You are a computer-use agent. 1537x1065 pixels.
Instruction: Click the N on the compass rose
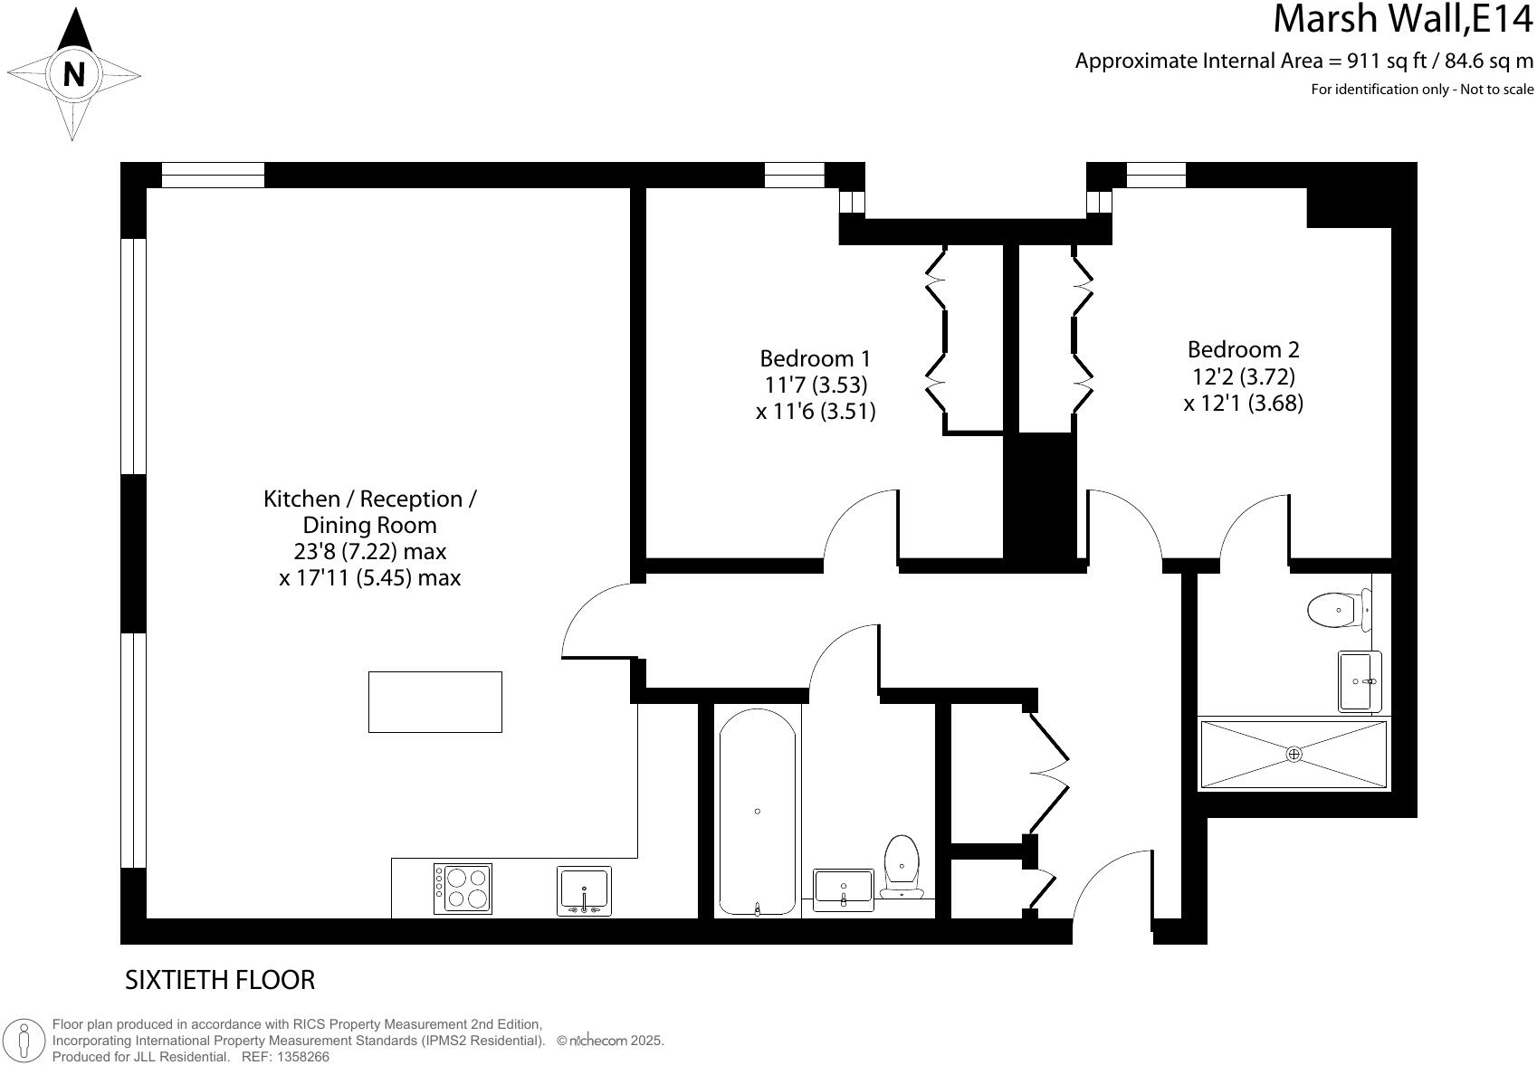74,74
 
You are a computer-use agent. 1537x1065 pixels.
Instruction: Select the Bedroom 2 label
1243,349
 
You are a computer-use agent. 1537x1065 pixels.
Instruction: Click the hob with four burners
463,888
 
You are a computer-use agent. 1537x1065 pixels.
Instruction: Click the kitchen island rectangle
434,701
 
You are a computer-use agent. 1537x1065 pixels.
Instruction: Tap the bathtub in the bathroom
758,811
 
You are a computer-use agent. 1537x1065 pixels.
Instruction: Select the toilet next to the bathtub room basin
902,864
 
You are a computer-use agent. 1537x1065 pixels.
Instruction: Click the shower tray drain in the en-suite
1294,754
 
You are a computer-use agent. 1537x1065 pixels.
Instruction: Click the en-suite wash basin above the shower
1358,681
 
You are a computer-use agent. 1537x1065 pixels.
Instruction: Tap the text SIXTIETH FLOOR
220,980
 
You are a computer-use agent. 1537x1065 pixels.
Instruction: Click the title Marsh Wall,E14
1403,20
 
